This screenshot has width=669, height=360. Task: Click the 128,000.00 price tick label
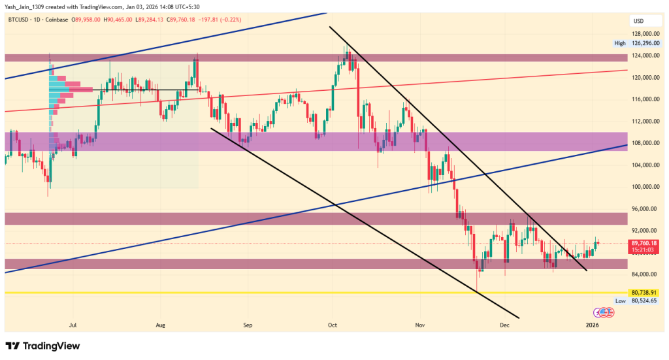tap(644, 33)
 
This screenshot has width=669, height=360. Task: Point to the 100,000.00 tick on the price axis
tap(644, 187)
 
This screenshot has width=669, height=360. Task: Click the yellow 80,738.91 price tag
tap(644, 292)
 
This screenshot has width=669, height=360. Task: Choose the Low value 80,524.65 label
tap(644, 301)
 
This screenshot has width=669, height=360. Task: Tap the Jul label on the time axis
tap(73, 324)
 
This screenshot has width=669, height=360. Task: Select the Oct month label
tap(332, 324)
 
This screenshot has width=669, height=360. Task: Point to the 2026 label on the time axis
tap(592, 324)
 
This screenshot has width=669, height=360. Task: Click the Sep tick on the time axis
tap(247, 324)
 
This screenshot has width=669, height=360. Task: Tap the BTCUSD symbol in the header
tap(20, 20)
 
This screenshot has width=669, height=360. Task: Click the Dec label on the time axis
tap(504, 324)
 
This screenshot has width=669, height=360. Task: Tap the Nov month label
tap(420, 324)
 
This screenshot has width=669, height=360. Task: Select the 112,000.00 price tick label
tap(644, 122)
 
